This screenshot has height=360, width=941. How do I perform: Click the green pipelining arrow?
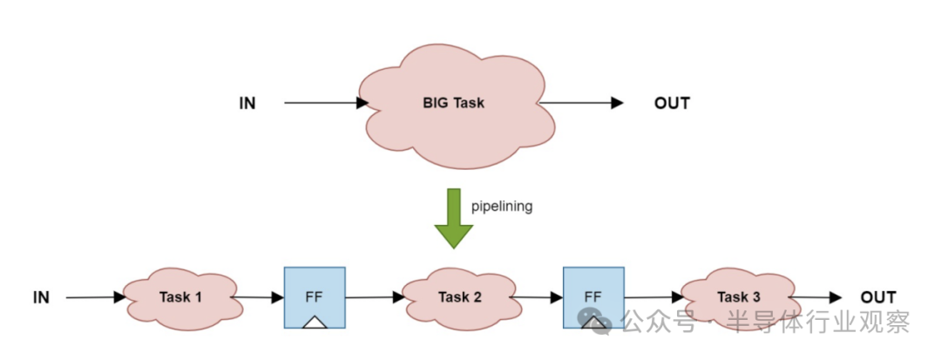(x=453, y=219)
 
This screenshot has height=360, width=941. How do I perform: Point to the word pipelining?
(x=501, y=207)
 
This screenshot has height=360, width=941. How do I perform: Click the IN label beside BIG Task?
(x=247, y=104)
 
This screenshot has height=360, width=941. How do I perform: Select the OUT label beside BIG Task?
(x=672, y=104)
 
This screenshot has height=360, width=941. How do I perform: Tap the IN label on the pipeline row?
(x=41, y=298)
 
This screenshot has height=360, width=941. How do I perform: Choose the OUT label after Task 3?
(x=877, y=298)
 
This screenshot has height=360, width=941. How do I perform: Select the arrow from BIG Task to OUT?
(x=580, y=104)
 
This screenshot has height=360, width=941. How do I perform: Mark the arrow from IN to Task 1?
(x=96, y=298)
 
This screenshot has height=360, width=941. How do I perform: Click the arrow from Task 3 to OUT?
(x=822, y=298)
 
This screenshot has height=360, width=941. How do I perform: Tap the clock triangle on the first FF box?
(x=315, y=322)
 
